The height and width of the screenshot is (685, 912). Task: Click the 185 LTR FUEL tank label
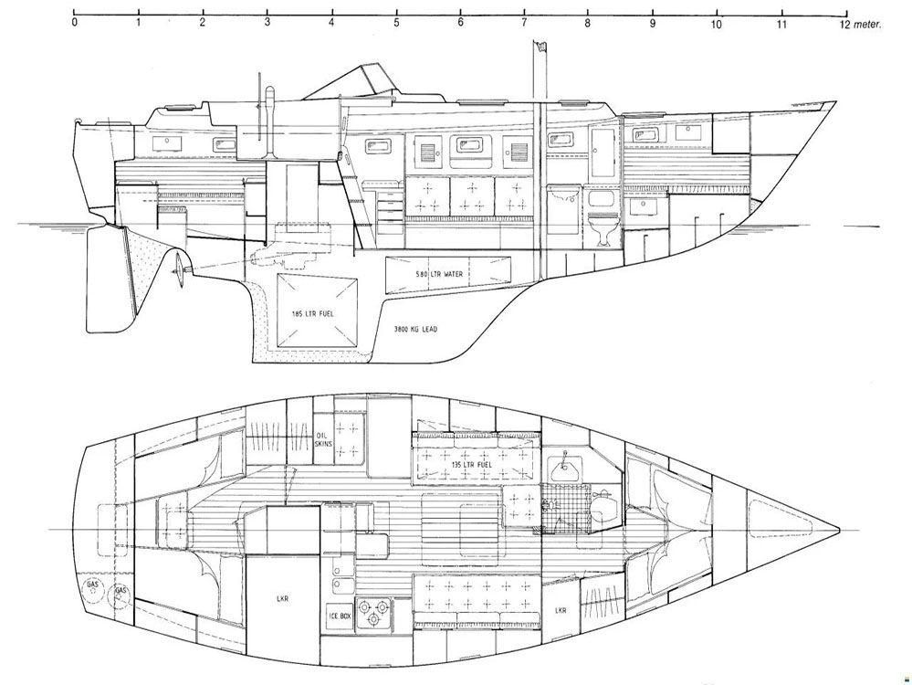(312, 313)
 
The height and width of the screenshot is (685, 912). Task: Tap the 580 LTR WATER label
(439, 273)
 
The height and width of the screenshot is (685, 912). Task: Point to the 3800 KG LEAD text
(415, 330)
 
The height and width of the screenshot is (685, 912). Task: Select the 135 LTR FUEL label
(472, 464)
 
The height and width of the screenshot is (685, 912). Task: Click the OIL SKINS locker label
(324, 439)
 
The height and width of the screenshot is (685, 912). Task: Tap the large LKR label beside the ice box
(284, 598)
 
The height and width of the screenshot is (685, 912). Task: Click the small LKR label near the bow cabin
(561, 610)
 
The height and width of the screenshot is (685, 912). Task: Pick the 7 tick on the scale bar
(524, 13)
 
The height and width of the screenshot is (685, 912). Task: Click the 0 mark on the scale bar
(75, 13)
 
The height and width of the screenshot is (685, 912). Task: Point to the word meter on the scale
(868, 25)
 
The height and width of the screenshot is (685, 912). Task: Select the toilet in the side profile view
(601, 230)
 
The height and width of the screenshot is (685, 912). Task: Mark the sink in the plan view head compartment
(564, 465)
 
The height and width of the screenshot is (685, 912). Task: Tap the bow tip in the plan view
(839, 531)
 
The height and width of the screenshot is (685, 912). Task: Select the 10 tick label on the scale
(716, 25)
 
